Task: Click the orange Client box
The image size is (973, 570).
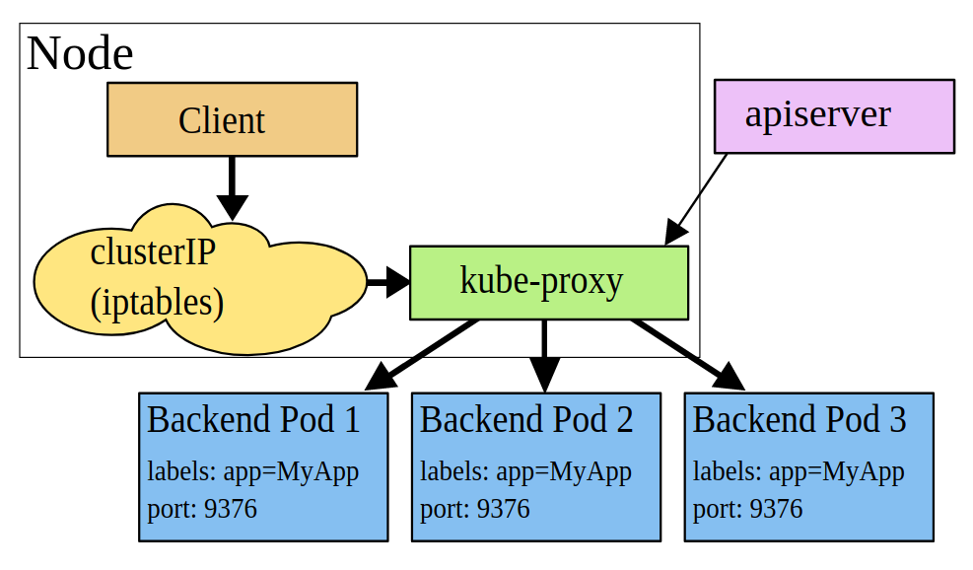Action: pyautogui.click(x=232, y=119)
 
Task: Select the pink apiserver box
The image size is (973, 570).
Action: pyautogui.click(x=834, y=115)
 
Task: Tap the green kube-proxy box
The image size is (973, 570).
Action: pyautogui.click(x=548, y=282)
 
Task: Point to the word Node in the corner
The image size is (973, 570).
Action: pyautogui.click(x=80, y=53)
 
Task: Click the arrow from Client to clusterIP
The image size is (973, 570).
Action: pyautogui.click(x=232, y=187)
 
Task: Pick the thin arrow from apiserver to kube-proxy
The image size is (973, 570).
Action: pyautogui.click(x=697, y=197)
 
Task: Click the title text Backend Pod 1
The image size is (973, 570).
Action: pyautogui.click(x=253, y=420)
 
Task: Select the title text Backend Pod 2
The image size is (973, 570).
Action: pyautogui.click(x=526, y=420)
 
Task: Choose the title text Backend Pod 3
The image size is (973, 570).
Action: pyautogui.click(x=799, y=420)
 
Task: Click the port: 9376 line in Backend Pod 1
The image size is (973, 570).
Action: pyautogui.click(x=202, y=509)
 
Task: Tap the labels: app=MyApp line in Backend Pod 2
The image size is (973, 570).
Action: pyautogui.click(x=525, y=471)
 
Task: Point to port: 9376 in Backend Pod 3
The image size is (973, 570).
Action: pyautogui.click(x=747, y=509)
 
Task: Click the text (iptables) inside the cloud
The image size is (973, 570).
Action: pyautogui.click(x=157, y=302)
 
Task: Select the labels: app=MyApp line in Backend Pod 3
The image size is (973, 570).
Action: pyautogui.click(x=799, y=471)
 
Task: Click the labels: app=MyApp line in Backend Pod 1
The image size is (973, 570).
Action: pyautogui.click(x=252, y=471)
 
